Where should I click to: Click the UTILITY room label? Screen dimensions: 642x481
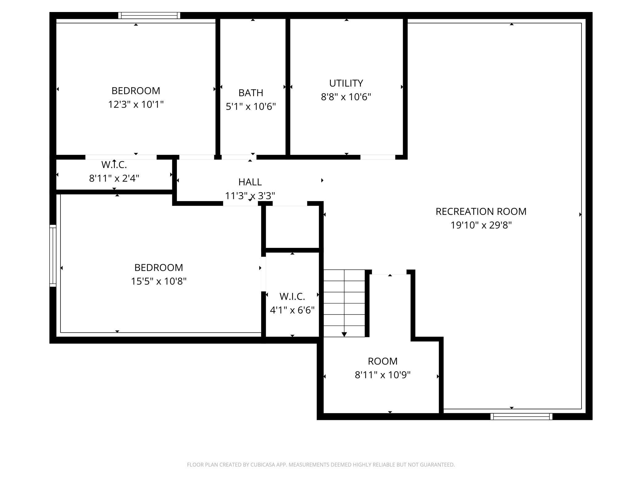point(346,83)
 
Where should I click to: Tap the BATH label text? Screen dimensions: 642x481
point(251,93)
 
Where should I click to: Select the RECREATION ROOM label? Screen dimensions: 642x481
point(481,212)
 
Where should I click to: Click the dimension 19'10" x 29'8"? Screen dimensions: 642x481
point(481,225)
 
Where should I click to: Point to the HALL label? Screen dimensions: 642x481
point(250,182)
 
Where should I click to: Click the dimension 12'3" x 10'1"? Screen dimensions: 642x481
point(136,105)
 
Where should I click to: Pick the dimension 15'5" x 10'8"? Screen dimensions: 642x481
point(159,282)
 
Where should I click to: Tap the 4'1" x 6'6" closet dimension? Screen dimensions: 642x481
point(292,310)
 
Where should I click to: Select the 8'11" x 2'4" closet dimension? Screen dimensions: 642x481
point(114,178)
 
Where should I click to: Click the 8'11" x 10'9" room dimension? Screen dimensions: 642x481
point(383,375)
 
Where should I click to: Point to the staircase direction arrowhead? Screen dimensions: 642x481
point(344,334)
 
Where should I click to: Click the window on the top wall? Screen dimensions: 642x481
point(149,15)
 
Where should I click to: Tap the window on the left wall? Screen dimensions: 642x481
point(53,256)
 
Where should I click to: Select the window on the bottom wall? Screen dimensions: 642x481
point(521,417)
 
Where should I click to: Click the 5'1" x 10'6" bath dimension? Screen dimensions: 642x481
point(251,107)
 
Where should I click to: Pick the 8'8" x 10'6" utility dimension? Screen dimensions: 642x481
point(346,97)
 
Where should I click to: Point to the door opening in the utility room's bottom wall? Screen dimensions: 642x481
point(378,157)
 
